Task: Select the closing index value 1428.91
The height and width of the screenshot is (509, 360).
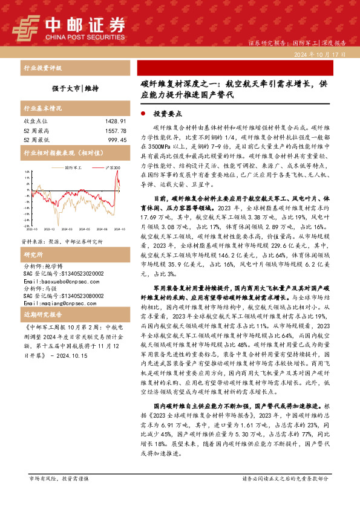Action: click(113, 122)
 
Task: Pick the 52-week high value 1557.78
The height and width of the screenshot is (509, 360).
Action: click(113, 131)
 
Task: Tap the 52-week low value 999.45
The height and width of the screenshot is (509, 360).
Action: click(115, 140)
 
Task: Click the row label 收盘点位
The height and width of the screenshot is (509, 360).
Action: click(36, 122)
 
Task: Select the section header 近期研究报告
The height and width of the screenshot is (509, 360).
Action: click(42, 315)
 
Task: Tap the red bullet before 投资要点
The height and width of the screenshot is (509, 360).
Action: click(142, 114)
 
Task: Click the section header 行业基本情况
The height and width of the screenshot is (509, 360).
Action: click(42, 109)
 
